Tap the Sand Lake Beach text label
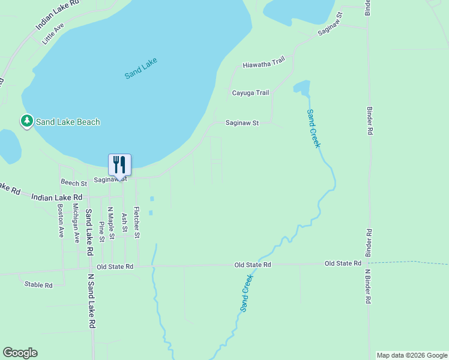[68, 122]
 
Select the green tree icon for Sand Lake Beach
[26, 122]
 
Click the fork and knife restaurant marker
[119, 164]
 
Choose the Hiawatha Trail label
[263, 64]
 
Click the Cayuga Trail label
[250, 93]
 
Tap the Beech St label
[74, 182]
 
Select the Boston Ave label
[61, 221]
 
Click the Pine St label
[102, 231]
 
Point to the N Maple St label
[110, 224]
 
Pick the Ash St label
[125, 221]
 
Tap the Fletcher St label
[137, 223]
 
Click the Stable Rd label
[38, 285]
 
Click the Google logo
[20, 353]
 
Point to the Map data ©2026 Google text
[412, 355]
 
